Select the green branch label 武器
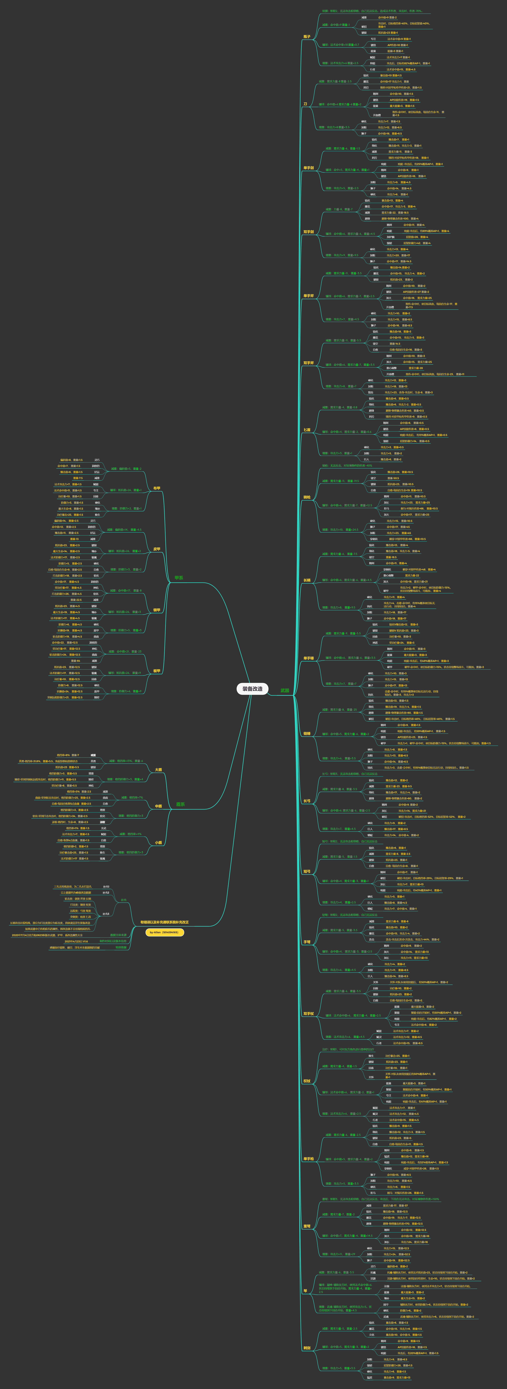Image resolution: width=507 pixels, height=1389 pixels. point(285,690)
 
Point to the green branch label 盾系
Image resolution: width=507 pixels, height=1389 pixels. point(180,804)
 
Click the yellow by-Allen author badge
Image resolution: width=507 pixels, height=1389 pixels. point(165,932)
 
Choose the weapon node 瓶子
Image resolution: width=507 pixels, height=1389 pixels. point(306,37)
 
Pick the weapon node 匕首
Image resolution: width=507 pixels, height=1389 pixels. point(306,430)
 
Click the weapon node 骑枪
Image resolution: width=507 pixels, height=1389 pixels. point(306,497)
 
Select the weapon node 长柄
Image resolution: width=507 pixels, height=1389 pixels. point(306,580)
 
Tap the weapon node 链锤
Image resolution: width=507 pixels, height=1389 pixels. point(306,733)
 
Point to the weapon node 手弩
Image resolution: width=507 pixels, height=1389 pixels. point(306,942)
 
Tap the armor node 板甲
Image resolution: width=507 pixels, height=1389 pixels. point(156,671)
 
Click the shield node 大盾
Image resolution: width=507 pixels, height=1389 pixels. point(158,769)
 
